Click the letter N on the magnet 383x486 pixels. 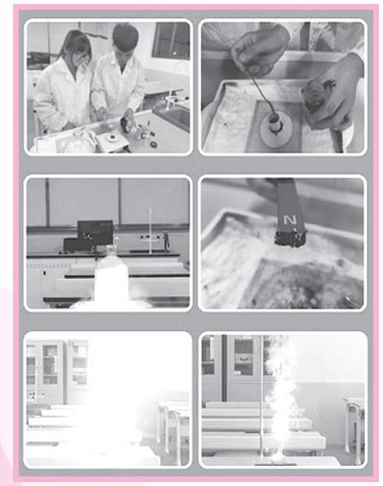tap(291, 220)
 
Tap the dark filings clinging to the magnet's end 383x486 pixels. tap(290, 239)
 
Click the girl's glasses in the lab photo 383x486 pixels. tap(81, 58)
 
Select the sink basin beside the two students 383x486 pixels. tap(173, 117)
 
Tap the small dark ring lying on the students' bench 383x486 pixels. tap(153, 145)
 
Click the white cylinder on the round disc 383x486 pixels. tap(275, 125)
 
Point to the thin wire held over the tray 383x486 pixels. tap(261, 94)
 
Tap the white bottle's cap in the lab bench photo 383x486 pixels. tap(110, 249)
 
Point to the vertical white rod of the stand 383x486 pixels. tap(150, 231)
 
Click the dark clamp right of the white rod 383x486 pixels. tap(166, 241)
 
